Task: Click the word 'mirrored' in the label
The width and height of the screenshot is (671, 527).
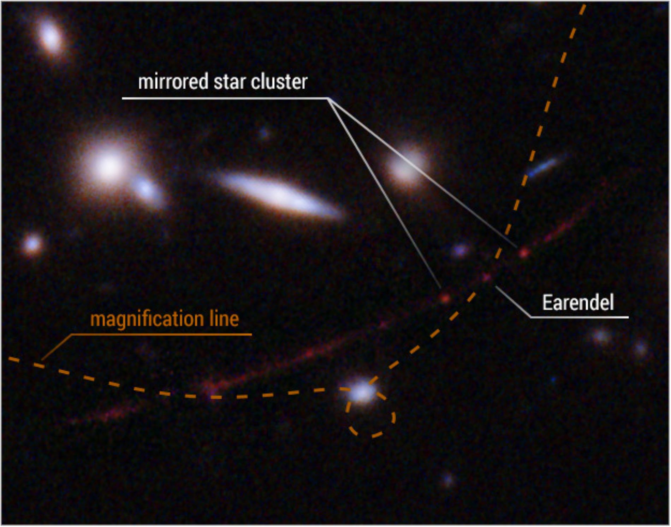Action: [x=173, y=82]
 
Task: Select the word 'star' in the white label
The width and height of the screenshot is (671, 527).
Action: [x=230, y=82]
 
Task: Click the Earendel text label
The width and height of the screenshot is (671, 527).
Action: [x=578, y=303]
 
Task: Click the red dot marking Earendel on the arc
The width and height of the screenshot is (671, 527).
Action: [x=487, y=277]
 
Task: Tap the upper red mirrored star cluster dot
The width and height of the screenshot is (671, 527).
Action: [x=524, y=252]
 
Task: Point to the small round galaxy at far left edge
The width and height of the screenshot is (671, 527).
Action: [x=32, y=244]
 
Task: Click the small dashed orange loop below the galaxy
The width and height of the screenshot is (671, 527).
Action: [x=394, y=418]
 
